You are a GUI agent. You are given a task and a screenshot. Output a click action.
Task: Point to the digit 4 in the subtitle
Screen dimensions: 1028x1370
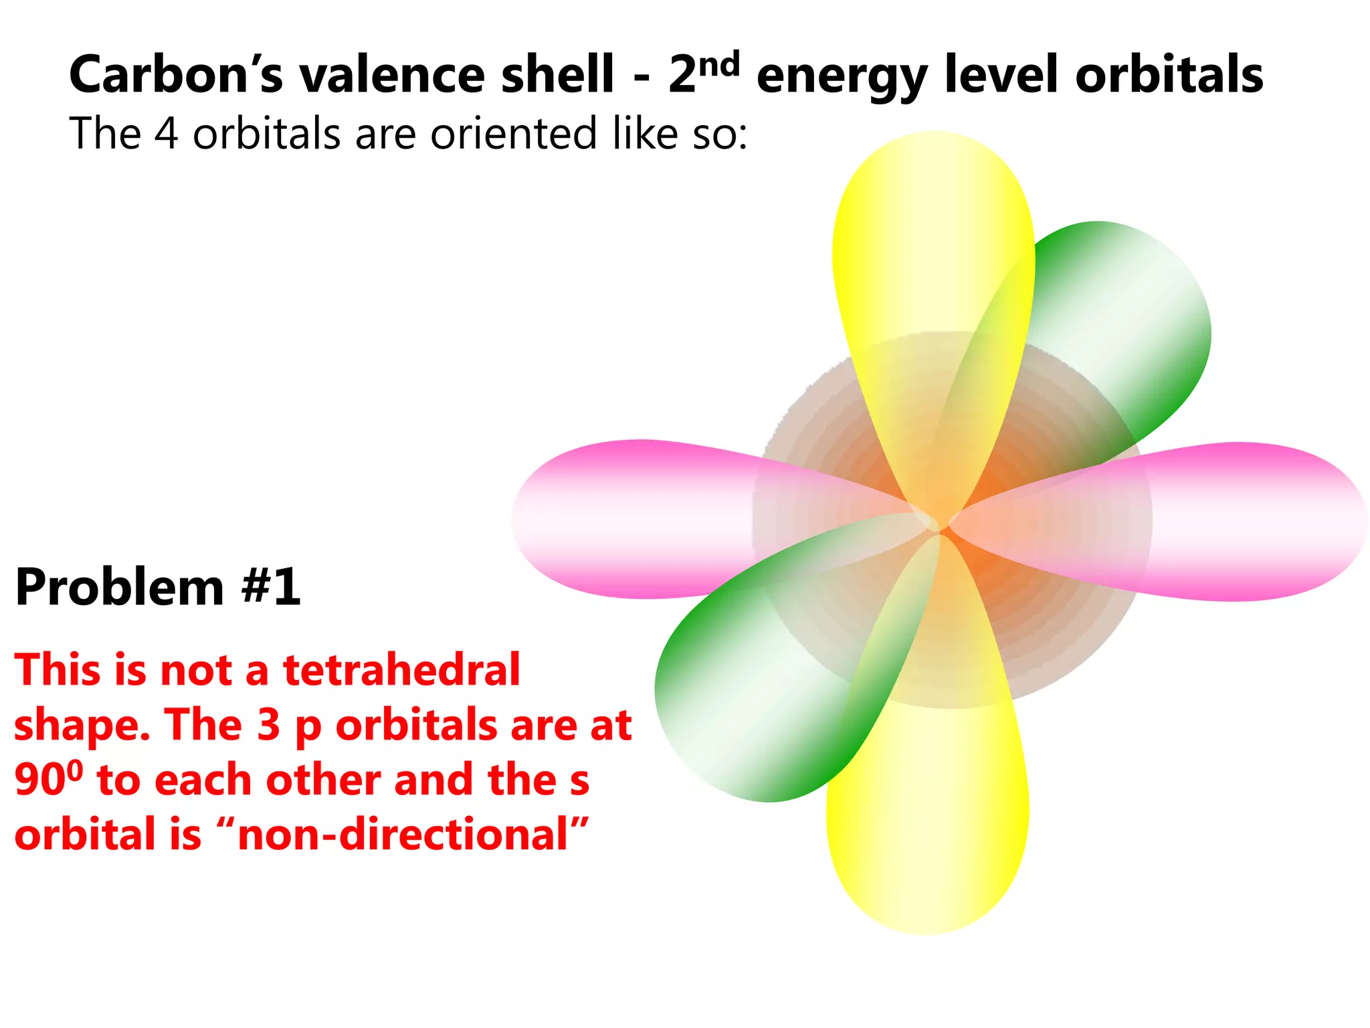click(x=167, y=133)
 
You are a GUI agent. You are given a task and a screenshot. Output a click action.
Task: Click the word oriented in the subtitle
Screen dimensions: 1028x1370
click(x=512, y=133)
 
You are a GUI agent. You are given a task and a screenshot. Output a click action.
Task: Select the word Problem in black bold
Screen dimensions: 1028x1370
click(x=120, y=587)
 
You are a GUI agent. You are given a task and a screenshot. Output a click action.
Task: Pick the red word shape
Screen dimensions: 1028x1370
click(x=81, y=725)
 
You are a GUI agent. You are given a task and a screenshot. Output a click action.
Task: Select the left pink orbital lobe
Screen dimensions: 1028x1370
click(x=622, y=519)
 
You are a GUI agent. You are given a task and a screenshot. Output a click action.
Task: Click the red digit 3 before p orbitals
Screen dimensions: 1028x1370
click(x=268, y=725)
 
